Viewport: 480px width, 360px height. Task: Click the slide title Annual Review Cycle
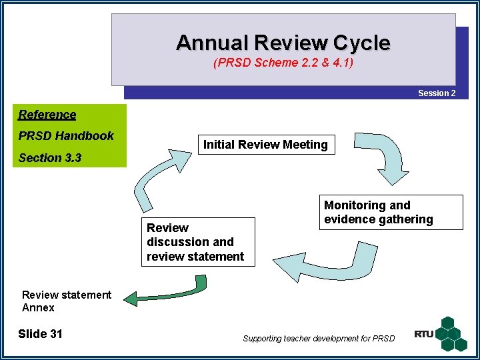pyautogui.click(x=283, y=43)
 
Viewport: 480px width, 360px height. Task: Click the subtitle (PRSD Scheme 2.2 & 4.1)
pyautogui.click(x=283, y=64)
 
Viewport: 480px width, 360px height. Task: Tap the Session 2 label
pyautogui.click(x=437, y=93)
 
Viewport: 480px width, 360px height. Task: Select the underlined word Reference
pyautogui.click(x=47, y=115)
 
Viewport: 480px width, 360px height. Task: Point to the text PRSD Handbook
pyautogui.click(x=66, y=136)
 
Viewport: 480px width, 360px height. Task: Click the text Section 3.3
pyautogui.click(x=50, y=158)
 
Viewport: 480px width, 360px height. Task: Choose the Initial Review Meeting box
pyautogui.click(x=265, y=145)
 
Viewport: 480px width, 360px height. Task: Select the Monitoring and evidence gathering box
pyautogui.click(x=393, y=213)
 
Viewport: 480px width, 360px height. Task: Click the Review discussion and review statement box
pyautogui.click(x=197, y=242)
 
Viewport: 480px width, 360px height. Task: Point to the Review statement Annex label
pyautogui.click(x=67, y=301)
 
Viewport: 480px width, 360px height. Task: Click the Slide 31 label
pyautogui.click(x=40, y=334)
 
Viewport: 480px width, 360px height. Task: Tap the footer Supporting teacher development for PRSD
pyautogui.click(x=319, y=339)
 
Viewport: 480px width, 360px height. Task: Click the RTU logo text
pyautogui.click(x=424, y=334)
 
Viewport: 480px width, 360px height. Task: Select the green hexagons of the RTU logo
pyautogui.click(x=453, y=333)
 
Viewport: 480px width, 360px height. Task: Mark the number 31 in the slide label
pyautogui.click(x=56, y=334)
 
